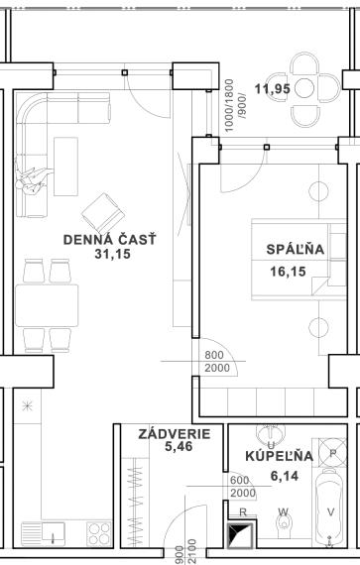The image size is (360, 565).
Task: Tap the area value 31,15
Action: pyautogui.click(x=112, y=254)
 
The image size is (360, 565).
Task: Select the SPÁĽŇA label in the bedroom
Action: pyautogui.click(x=290, y=249)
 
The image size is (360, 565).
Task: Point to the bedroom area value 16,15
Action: pyautogui.click(x=289, y=269)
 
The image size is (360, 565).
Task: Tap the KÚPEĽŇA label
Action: pyautogui.click(x=279, y=456)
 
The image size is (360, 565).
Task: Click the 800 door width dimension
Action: pyautogui.click(x=215, y=355)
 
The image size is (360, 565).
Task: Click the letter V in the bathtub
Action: pyautogui.click(x=330, y=513)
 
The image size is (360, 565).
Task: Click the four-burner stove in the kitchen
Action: pyautogui.click(x=99, y=533)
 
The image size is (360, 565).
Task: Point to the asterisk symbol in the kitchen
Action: pyautogui.click(x=26, y=405)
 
